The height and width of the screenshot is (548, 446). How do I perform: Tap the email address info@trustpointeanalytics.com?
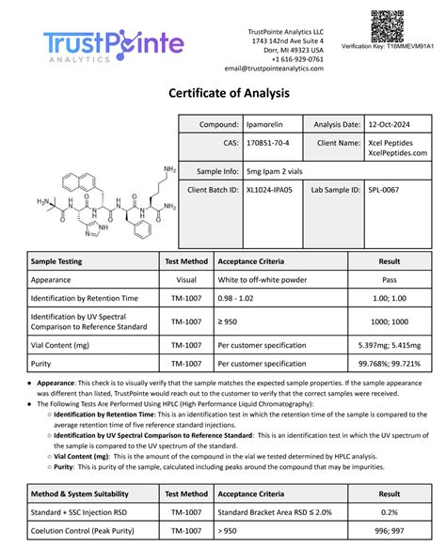274,69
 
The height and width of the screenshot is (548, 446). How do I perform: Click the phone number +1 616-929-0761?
297,58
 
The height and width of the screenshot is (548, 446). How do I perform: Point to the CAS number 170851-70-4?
269,144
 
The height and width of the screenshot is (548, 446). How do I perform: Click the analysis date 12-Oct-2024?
390,124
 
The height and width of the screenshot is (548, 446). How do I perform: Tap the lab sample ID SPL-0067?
386,189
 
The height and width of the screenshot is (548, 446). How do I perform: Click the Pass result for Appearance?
389,280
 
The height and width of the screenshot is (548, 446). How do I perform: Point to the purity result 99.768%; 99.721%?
389,363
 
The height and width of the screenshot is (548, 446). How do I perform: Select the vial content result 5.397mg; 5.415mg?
389,345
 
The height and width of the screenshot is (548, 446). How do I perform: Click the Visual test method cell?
185,280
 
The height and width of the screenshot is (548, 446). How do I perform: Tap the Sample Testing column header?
56,261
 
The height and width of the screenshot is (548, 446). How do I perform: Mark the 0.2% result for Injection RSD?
389,512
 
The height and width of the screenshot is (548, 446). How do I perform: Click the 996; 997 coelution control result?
389,531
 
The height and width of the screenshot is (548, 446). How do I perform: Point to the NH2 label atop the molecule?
169,170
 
